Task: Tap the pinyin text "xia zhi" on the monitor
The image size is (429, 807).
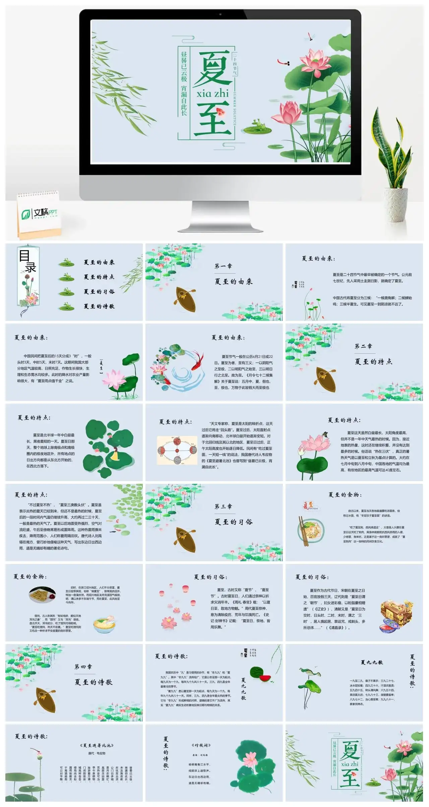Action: pyautogui.click(x=212, y=93)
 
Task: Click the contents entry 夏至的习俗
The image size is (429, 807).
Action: pyautogui.click(x=99, y=292)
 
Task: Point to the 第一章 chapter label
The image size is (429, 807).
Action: pyautogui.click(x=223, y=266)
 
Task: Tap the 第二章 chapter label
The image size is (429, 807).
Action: pyautogui.click(x=363, y=346)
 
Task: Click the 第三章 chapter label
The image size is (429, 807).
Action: pyautogui.click(x=223, y=507)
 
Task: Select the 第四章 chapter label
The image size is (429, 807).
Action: pyautogui.click(x=83, y=667)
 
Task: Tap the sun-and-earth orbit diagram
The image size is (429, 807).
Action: pyautogui.click(x=177, y=450)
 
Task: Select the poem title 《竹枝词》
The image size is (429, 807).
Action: pyautogui.click(x=201, y=745)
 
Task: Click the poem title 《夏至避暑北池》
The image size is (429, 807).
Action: pyautogui.click(x=97, y=745)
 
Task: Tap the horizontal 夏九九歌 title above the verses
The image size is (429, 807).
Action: pyautogui.click(x=372, y=662)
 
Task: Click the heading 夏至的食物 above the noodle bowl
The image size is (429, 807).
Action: pyautogui.click(x=345, y=495)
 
